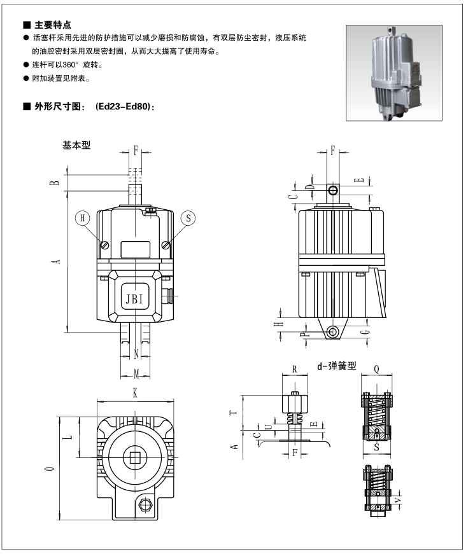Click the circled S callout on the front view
[188, 218]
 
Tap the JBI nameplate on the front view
[135, 297]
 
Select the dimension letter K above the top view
[135, 394]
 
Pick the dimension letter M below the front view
[136, 371]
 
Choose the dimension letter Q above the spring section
[377, 368]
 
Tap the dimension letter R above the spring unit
[294, 368]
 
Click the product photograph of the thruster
[394, 73]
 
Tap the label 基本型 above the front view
[76, 144]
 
